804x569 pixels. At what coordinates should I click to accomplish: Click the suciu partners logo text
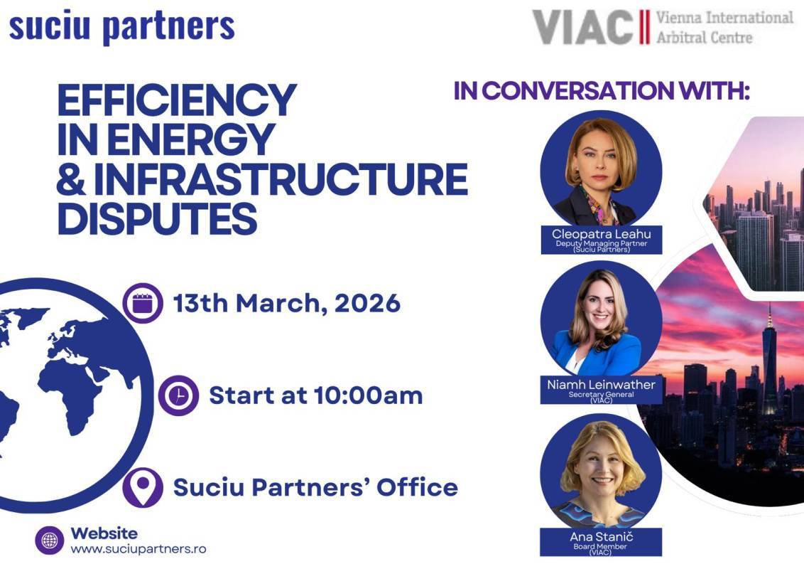coord(121,26)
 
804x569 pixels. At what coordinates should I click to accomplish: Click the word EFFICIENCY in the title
coord(177,100)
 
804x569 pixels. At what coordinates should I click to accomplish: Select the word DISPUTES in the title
coord(157,218)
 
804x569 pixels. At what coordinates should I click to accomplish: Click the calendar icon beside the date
coord(143,304)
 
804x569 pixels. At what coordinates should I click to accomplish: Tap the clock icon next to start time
coord(178,395)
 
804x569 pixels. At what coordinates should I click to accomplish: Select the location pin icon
coord(143,487)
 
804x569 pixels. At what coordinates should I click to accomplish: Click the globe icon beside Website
coord(50,541)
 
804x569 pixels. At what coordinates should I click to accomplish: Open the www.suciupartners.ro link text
coord(138,549)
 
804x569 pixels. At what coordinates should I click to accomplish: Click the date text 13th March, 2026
coord(287,304)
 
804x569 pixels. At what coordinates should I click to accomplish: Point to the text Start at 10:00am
coord(315,395)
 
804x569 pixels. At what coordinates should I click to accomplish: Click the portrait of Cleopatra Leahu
coord(601,171)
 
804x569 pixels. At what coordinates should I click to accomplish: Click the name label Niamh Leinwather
coord(601,385)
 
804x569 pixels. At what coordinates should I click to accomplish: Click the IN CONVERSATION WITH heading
coord(602,91)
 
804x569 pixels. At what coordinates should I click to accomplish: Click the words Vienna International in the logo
coord(724,18)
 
